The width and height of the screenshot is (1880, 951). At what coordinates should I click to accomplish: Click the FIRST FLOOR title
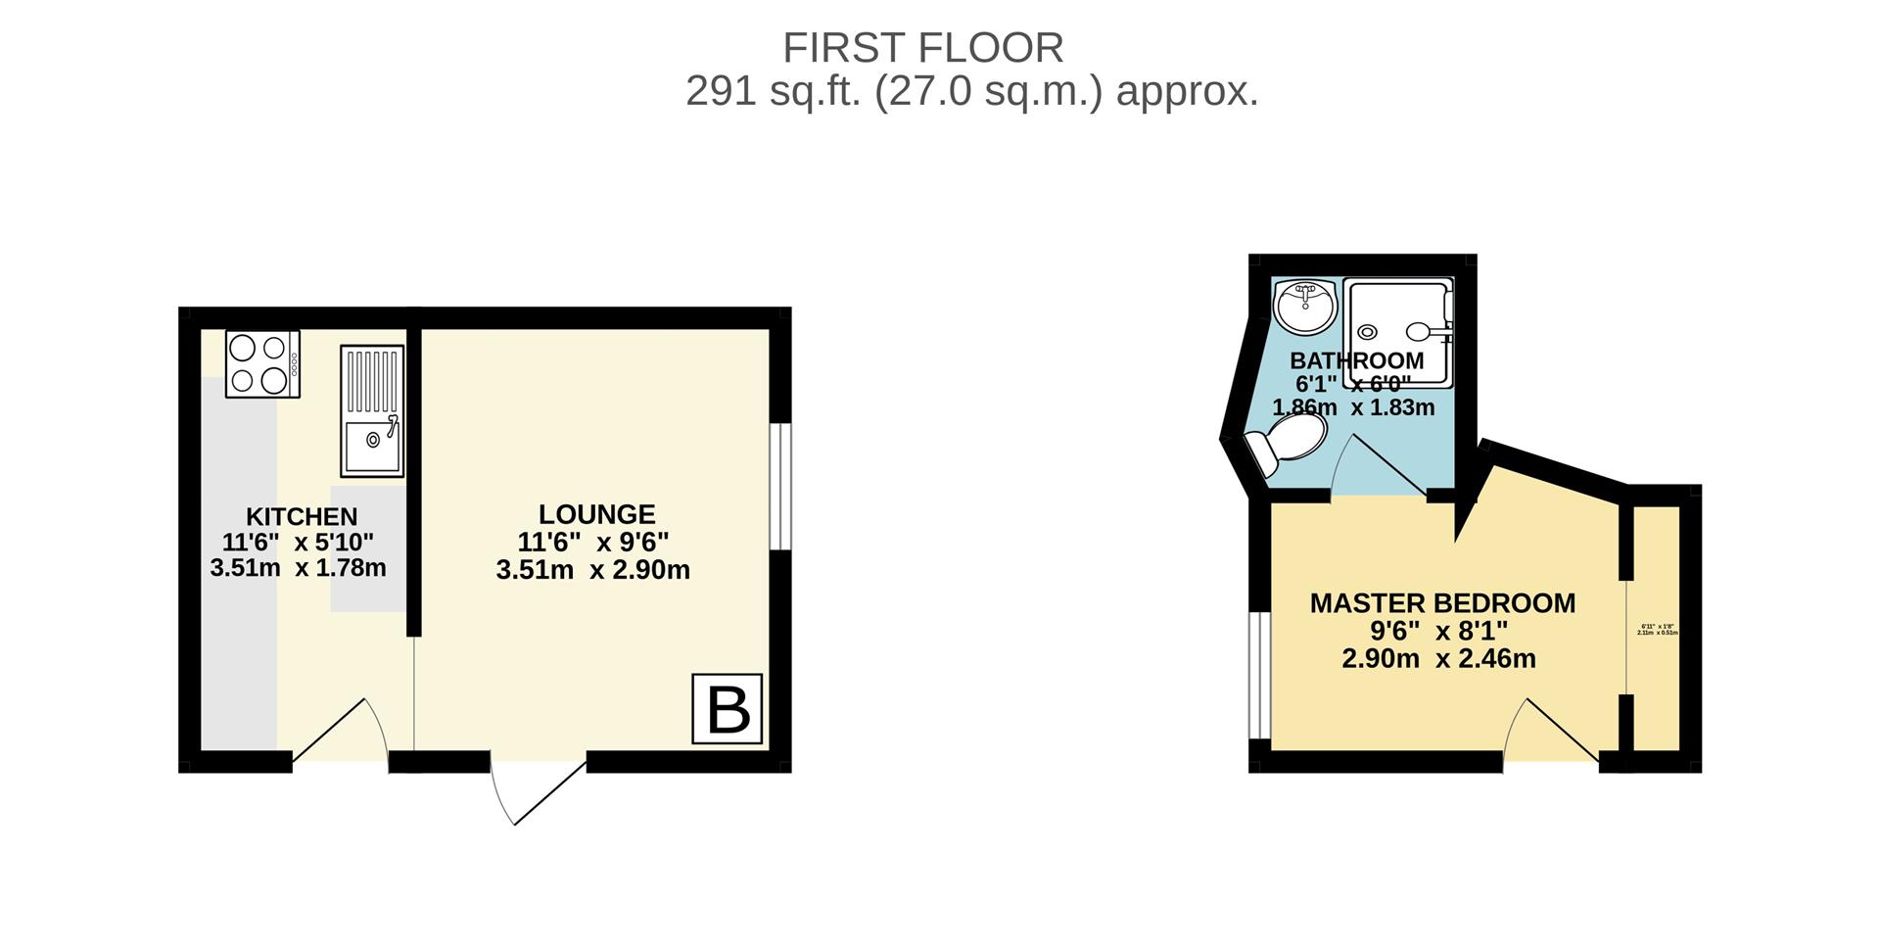922,48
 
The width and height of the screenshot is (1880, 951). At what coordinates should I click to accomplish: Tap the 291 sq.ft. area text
971,92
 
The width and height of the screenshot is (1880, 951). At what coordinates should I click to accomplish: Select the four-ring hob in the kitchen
262,363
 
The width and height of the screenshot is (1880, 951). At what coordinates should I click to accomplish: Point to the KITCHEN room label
301,516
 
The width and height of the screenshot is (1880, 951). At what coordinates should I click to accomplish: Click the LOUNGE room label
596,514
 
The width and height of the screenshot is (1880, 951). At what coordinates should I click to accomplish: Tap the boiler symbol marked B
727,709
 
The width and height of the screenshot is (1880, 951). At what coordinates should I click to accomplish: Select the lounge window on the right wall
779,487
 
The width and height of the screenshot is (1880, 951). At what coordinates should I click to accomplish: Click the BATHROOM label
1356,360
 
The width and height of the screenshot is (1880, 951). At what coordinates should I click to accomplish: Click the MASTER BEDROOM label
1442,603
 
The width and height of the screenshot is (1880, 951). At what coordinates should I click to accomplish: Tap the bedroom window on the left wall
1259,675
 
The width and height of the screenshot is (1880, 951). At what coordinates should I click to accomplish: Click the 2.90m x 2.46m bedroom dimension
1437,659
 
